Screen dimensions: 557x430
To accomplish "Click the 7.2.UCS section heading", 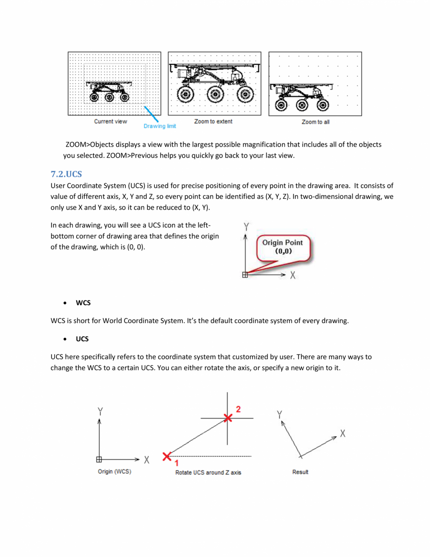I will click(66, 174).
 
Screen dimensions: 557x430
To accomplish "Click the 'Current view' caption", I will click(110, 122).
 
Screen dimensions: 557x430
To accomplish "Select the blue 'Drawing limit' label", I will click(160, 126).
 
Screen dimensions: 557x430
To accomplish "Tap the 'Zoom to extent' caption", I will click(213, 122).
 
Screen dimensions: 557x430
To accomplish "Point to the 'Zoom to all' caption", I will click(315, 122).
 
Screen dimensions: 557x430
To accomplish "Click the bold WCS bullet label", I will click(83, 303).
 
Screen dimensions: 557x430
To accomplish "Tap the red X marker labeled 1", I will click(167, 456).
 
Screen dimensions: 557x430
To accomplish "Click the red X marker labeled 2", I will click(227, 418).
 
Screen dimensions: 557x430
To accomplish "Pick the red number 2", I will click(238, 410).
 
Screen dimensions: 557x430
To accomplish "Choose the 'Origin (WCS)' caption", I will click(115, 472).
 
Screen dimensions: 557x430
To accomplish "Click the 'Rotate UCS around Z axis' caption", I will click(208, 473).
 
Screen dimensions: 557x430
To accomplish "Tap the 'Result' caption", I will click(300, 472).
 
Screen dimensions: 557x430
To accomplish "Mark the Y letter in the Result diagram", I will click(279, 414).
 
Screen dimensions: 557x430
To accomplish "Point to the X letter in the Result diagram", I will click(343, 433).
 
